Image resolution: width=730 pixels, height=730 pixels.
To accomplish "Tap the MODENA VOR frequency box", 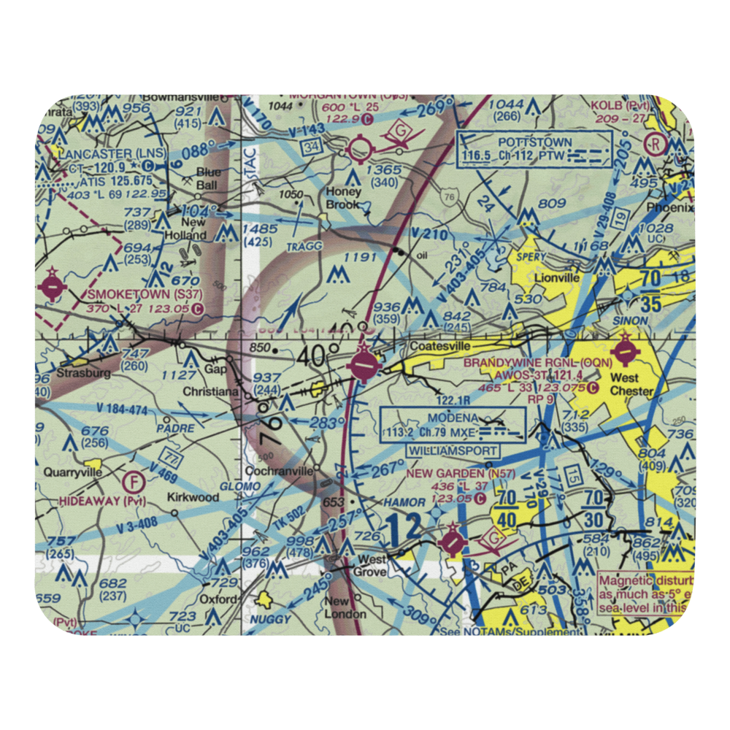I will coord(453,425).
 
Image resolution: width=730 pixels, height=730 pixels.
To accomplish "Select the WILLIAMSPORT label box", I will coord(453,452).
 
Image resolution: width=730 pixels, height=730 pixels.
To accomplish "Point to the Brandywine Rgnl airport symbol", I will coord(626,353).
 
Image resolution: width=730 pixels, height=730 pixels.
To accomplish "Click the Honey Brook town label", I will coord(343,199).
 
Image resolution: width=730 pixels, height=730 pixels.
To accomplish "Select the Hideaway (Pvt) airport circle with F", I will coord(134,482).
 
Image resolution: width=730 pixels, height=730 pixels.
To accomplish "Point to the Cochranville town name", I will coord(280,471).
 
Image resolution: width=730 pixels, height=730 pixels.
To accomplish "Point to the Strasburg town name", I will coord(86,373).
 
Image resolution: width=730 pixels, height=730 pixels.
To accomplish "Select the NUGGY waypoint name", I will coord(271,619).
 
